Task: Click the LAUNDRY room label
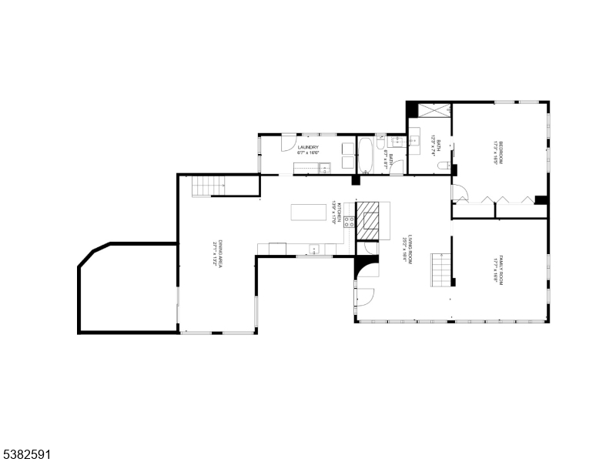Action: click(x=309, y=147)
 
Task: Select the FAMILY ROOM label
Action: click(x=500, y=270)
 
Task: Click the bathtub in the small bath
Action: click(x=366, y=154)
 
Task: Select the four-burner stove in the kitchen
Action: click(x=348, y=223)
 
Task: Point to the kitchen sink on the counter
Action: click(x=314, y=249)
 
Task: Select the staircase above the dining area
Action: click(x=206, y=185)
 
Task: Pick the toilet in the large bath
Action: click(x=443, y=166)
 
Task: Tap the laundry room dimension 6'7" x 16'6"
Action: click(x=309, y=153)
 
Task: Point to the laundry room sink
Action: click(x=325, y=166)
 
